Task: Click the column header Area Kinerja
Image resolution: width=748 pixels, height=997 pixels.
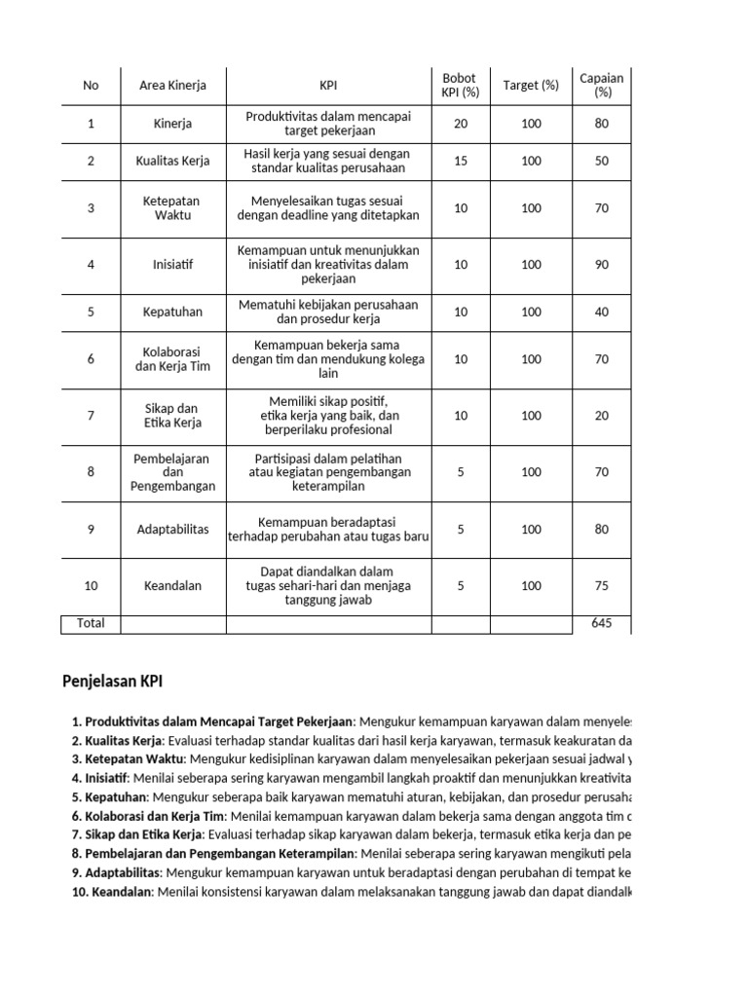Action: point(172,86)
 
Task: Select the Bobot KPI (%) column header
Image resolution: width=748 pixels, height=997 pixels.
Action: point(460,86)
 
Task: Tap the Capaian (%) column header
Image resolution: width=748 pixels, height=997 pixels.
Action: point(601,86)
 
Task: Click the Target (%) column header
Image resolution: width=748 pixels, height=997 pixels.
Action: point(531,86)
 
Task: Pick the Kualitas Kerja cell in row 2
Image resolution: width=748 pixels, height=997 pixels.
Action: point(172,161)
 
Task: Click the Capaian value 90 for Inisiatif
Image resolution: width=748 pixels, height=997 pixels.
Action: point(601,265)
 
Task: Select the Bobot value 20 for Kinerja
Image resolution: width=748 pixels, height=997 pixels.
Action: point(460,124)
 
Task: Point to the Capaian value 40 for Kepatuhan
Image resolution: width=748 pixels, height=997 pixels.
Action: point(601,313)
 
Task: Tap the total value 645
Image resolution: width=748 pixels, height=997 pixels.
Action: point(601,623)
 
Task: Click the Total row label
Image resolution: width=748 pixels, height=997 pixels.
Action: point(91,623)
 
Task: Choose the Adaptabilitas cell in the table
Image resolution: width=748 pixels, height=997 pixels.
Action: point(172,530)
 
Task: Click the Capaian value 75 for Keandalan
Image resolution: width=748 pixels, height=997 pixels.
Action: point(601,586)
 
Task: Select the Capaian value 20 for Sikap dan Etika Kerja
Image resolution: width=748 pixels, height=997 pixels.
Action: point(601,416)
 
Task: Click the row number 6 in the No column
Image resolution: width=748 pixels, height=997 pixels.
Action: point(91,359)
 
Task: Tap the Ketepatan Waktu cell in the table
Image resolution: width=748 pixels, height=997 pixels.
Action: point(172,207)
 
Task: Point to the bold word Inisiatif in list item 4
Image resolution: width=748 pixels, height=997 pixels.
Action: point(109,778)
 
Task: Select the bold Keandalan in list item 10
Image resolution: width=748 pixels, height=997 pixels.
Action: point(122,892)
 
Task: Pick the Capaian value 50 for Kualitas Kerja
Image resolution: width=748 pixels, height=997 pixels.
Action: point(601,161)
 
